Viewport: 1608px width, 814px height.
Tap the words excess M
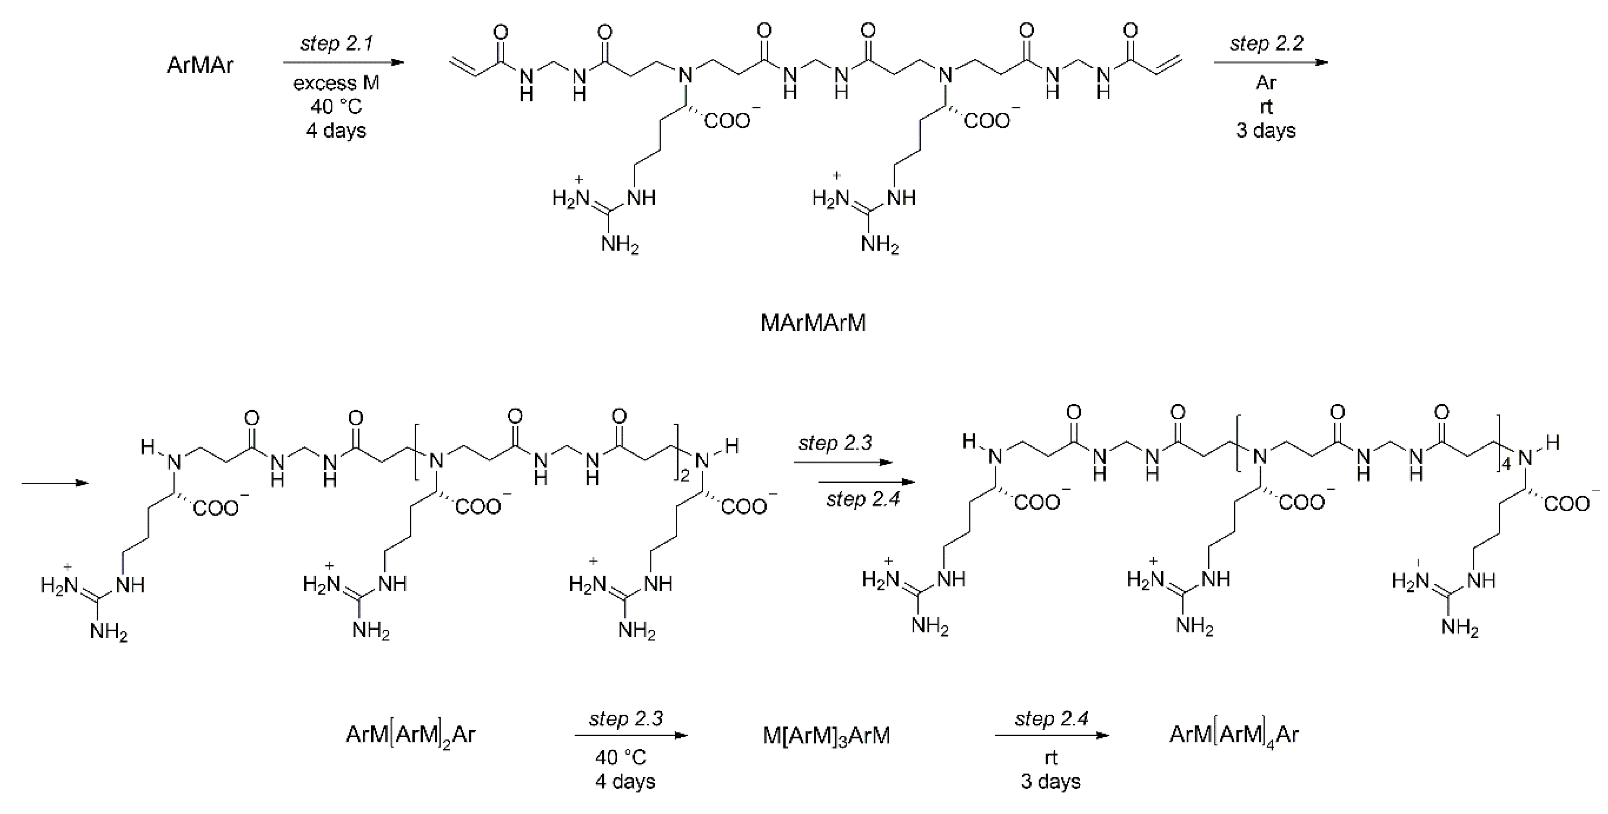point(336,83)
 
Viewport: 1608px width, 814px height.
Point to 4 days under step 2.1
point(336,130)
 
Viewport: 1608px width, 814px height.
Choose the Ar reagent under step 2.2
point(1266,83)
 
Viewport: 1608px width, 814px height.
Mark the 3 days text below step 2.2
point(1266,130)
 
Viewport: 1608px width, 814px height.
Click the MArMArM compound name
point(813,323)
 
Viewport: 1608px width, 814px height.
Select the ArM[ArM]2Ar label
point(410,735)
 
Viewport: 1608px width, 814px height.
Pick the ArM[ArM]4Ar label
point(1234,734)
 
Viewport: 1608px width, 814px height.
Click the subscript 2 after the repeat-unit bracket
point(685,478)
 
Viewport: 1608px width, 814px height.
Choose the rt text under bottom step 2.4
point(1051,758)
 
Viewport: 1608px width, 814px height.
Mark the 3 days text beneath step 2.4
point(1051,782)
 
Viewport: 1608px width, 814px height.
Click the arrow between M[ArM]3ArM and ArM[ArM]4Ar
point(1052,735)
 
